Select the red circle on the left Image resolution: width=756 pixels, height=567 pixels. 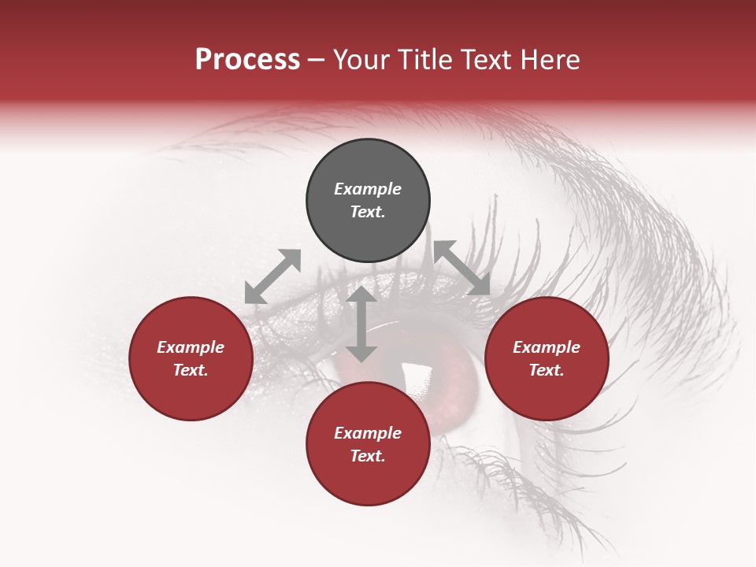click(x=191, y=394)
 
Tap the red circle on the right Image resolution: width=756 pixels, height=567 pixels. click(x=547, y=394)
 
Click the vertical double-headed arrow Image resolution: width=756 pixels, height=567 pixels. click(x=361, y=324)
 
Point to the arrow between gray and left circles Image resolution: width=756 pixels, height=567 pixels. click(x=272, y=276)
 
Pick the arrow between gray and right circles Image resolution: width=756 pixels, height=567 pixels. click(x=461, y=268)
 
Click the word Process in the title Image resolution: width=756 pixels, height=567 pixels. click(x=247, y=60)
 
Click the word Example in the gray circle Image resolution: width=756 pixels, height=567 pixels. click(x=368, y=189)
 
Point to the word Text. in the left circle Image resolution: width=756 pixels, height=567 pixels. click(x=191, y=370)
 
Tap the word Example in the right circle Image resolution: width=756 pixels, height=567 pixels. click(x=547, y=347)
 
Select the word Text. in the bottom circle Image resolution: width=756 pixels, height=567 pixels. click(x=368, y=456)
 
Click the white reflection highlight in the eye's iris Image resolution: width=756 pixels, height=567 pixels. click(x=413, y=376)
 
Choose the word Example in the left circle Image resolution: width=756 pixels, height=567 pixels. click(x=191, y=347)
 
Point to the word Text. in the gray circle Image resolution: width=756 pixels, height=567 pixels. click(x=368, y=212)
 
